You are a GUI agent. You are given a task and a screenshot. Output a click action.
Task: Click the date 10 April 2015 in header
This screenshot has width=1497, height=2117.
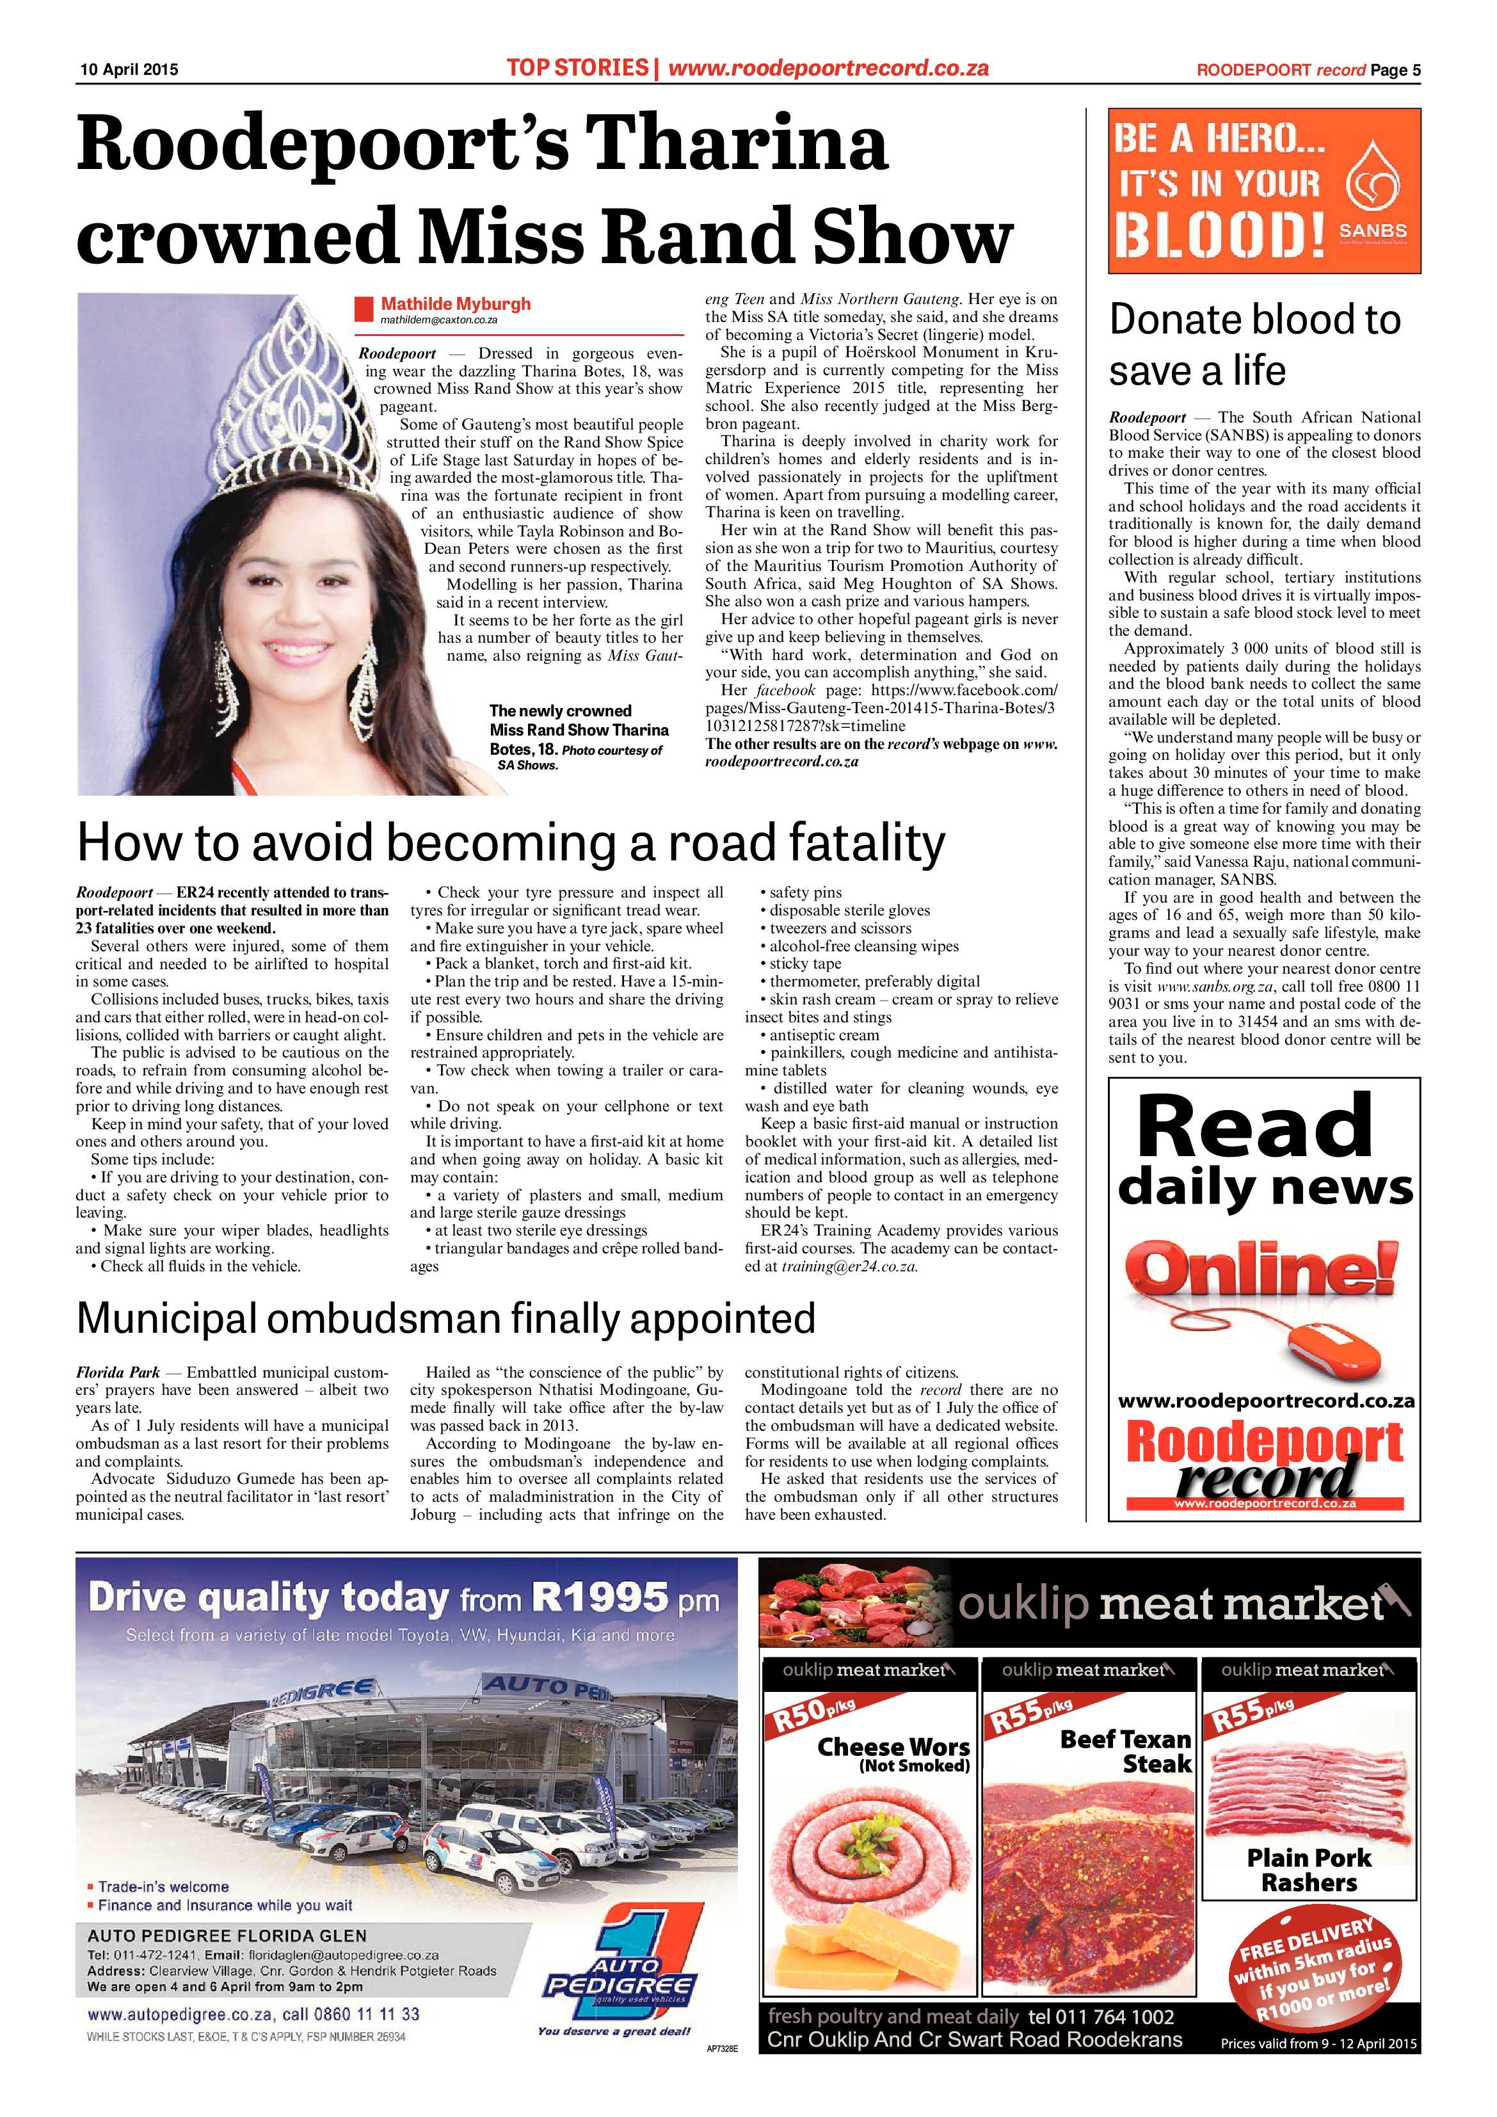pyautogui.click(x=128, y=70)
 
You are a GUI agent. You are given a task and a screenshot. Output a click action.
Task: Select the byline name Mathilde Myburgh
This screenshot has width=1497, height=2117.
pyautogui.click(x=455, y=304)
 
